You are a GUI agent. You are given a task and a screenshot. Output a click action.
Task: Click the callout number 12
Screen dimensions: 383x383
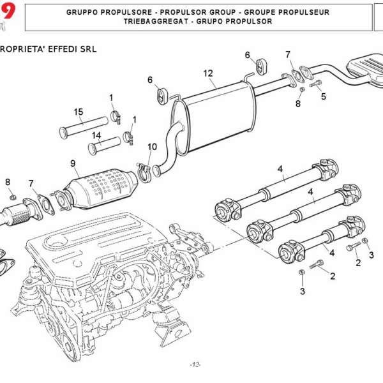208,73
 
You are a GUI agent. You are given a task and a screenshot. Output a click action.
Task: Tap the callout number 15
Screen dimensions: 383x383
79,112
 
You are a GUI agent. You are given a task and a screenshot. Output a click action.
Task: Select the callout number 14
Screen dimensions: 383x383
96,135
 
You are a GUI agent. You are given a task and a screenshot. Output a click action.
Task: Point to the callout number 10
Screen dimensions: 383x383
152,147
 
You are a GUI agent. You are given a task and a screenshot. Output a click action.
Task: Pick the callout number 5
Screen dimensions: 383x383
324,96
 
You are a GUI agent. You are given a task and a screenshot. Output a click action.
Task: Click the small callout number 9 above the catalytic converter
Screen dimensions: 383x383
73,163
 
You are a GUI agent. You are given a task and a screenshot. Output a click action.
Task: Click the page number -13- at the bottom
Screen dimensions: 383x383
195,364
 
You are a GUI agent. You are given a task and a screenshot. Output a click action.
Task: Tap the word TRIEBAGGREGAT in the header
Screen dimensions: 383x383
157,21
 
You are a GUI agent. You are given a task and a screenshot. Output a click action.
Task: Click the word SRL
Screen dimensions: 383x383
87,49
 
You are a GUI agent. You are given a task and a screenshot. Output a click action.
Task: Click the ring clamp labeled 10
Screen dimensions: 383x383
146,172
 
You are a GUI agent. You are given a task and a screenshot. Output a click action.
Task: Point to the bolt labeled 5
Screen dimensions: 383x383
315,84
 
